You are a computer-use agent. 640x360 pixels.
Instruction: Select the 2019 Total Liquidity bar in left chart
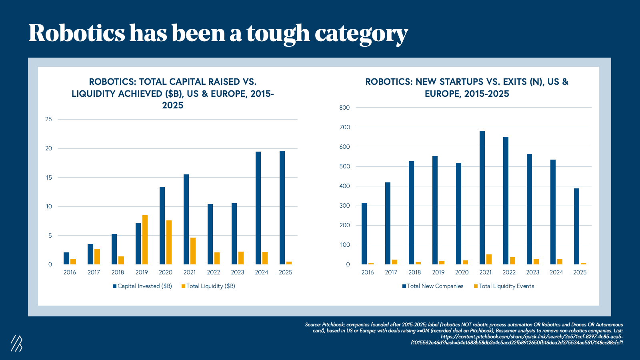145,240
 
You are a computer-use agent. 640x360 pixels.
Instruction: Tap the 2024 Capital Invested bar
258,208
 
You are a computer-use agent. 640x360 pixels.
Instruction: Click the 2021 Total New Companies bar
482,198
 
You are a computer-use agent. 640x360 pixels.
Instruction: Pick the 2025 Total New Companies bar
576,226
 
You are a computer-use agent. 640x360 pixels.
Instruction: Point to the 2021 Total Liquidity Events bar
489,259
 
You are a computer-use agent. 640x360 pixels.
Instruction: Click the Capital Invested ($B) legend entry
142,286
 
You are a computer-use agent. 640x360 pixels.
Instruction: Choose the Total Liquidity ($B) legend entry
208,286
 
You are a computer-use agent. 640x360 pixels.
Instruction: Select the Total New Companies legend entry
433,286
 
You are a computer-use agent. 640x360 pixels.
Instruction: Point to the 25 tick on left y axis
49,119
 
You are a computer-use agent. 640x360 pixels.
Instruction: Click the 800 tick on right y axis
344,108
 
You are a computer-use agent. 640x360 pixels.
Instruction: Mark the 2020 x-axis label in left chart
166,272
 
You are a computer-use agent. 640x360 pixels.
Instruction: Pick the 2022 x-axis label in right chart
509,272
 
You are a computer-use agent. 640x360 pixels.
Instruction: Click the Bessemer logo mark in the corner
16,343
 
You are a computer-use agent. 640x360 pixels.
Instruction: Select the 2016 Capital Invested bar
66,258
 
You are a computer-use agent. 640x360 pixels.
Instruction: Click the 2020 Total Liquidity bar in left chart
169,242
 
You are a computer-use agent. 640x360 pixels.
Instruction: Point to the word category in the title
361,34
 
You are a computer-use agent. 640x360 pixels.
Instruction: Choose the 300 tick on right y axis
344,206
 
